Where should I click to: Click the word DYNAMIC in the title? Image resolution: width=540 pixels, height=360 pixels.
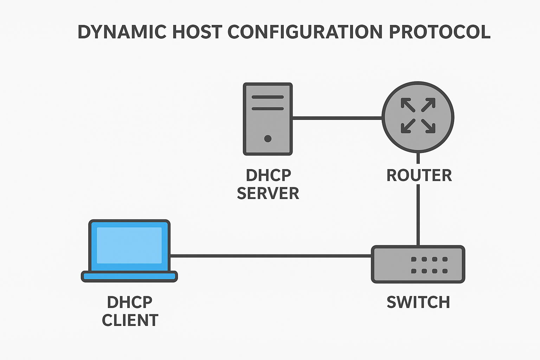[122, 32]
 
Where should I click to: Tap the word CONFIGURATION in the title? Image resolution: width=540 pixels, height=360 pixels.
[305, 32]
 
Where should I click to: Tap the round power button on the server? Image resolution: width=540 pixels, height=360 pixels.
[268, 139]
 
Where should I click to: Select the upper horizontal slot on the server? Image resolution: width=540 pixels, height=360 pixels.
[268, 97]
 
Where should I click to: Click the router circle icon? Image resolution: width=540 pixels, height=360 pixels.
[418, 117]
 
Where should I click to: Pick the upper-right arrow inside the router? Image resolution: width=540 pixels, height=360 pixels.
[429, 104]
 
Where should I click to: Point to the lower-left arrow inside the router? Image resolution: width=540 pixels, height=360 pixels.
[407, 126]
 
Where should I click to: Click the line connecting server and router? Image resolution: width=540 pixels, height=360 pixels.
[337, 118]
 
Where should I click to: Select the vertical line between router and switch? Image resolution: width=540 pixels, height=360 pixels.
[418, 214]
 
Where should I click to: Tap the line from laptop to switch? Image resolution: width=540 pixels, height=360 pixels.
[271, 256]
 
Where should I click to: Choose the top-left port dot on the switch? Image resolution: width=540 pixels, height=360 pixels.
[414, 259]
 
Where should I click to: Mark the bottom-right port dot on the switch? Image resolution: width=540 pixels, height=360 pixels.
[445, 271]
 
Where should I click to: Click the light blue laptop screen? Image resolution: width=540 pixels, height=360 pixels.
[129, 245]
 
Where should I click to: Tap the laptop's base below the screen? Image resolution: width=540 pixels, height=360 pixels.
[129, 277]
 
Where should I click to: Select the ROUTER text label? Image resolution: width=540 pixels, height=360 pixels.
[419, 175]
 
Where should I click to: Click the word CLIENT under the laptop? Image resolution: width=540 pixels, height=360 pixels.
[130, 320]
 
